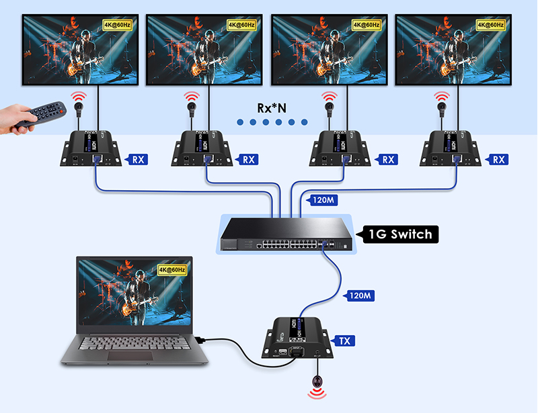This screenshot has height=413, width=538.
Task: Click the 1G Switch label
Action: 400,234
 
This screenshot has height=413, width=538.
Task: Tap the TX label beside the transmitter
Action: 345,340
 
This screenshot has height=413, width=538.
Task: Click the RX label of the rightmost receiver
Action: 498,159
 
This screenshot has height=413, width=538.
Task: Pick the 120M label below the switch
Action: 358,295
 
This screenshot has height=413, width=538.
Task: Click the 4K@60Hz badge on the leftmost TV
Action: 118,25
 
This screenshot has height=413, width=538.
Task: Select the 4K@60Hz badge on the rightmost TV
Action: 490,25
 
